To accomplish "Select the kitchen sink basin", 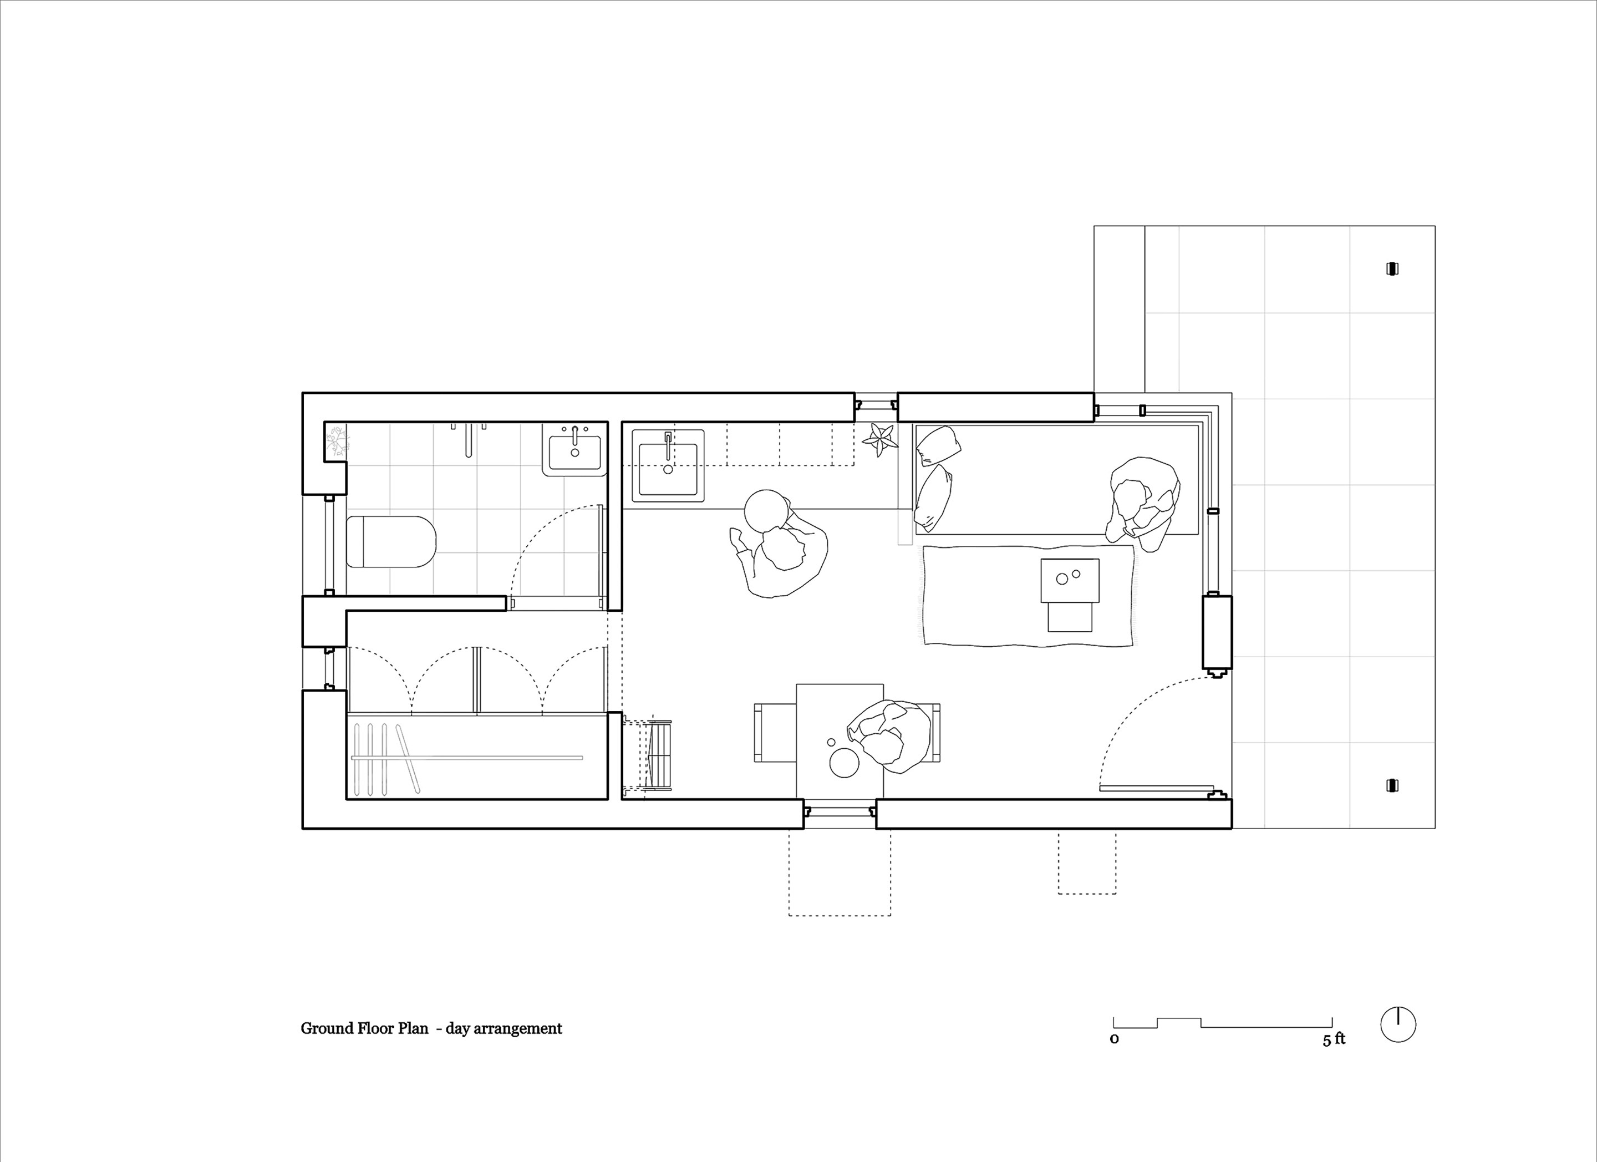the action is pyautogui.click(x=668, y=465).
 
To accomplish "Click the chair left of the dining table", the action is pyautogui.click(x=775, y=732).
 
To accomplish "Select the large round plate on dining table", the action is pyautogui.click(x=845, y=763).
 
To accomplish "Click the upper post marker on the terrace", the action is pyautogui.click(x=1392, y=268).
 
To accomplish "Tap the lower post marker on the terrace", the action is pyautogui.click(x=1392, y=785).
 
